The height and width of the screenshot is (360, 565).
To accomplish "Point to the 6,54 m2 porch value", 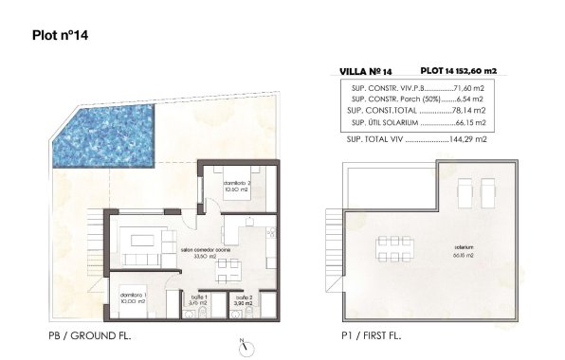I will pos(470,98).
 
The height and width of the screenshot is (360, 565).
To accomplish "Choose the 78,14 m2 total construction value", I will pos(469,110).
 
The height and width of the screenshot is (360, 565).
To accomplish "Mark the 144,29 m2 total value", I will pos(469,139).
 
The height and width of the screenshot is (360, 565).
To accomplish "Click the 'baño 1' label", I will pos(199,299).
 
